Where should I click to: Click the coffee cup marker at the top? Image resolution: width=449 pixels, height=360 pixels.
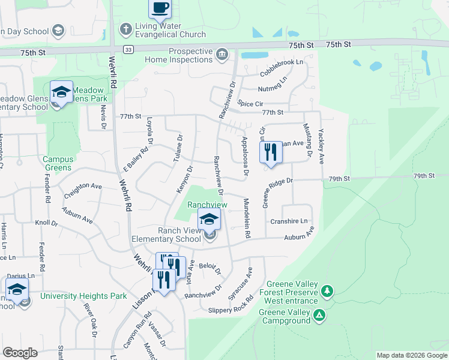coord(160,8)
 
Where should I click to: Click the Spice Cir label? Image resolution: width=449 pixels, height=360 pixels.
coord(251,104)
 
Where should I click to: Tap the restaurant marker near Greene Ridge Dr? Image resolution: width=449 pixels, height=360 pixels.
coord(271,152)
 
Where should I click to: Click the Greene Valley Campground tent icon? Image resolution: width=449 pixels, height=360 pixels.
coord(320,314)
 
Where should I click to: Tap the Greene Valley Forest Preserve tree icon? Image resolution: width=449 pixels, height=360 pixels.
coord(327,291)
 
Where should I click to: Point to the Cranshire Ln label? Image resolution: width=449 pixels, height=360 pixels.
coord(291,221)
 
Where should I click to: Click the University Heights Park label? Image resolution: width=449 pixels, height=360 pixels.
coord(83,296)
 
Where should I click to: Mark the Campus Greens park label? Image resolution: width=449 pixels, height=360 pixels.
coord(58,163)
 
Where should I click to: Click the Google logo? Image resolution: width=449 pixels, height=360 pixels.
coord(20,353)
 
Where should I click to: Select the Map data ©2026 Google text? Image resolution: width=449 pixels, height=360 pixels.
coord(411,355)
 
